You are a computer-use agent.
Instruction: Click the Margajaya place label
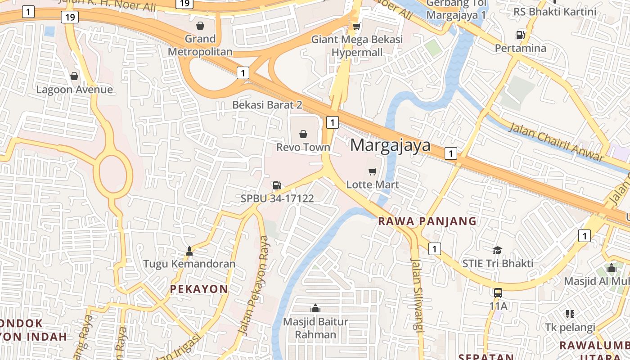point(390,145)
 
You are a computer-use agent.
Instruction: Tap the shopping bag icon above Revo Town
point(303,134)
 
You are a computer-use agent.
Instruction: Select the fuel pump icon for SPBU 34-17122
point(277,185)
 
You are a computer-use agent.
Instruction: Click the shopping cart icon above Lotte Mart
point(372,171)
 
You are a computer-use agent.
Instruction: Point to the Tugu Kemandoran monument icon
point(189,251)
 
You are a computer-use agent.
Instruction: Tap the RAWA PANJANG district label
point(427,221)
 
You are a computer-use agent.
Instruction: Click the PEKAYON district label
point(199,289)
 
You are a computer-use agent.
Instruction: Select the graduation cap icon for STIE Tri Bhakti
point(497,250)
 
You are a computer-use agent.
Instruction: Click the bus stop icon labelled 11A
point(498,293)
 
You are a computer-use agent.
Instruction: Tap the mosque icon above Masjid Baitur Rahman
point(315,308)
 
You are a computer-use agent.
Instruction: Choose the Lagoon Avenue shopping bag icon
point(74,76)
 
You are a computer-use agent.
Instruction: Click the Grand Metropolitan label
point(200,45)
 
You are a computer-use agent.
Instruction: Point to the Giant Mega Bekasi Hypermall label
point(357,46)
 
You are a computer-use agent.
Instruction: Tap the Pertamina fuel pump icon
point(520,35)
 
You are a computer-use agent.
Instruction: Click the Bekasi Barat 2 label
point(267,105)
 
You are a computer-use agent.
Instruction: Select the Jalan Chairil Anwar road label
point(556,141)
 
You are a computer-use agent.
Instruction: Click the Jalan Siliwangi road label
point(417,295)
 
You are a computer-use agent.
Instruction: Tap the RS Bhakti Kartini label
point(554,12)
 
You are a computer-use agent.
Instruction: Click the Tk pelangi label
point(570,327)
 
